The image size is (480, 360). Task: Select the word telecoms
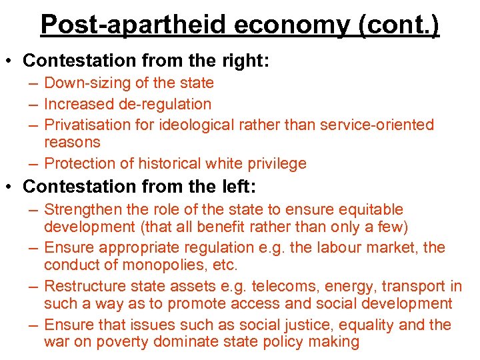click(x=309, y=287)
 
